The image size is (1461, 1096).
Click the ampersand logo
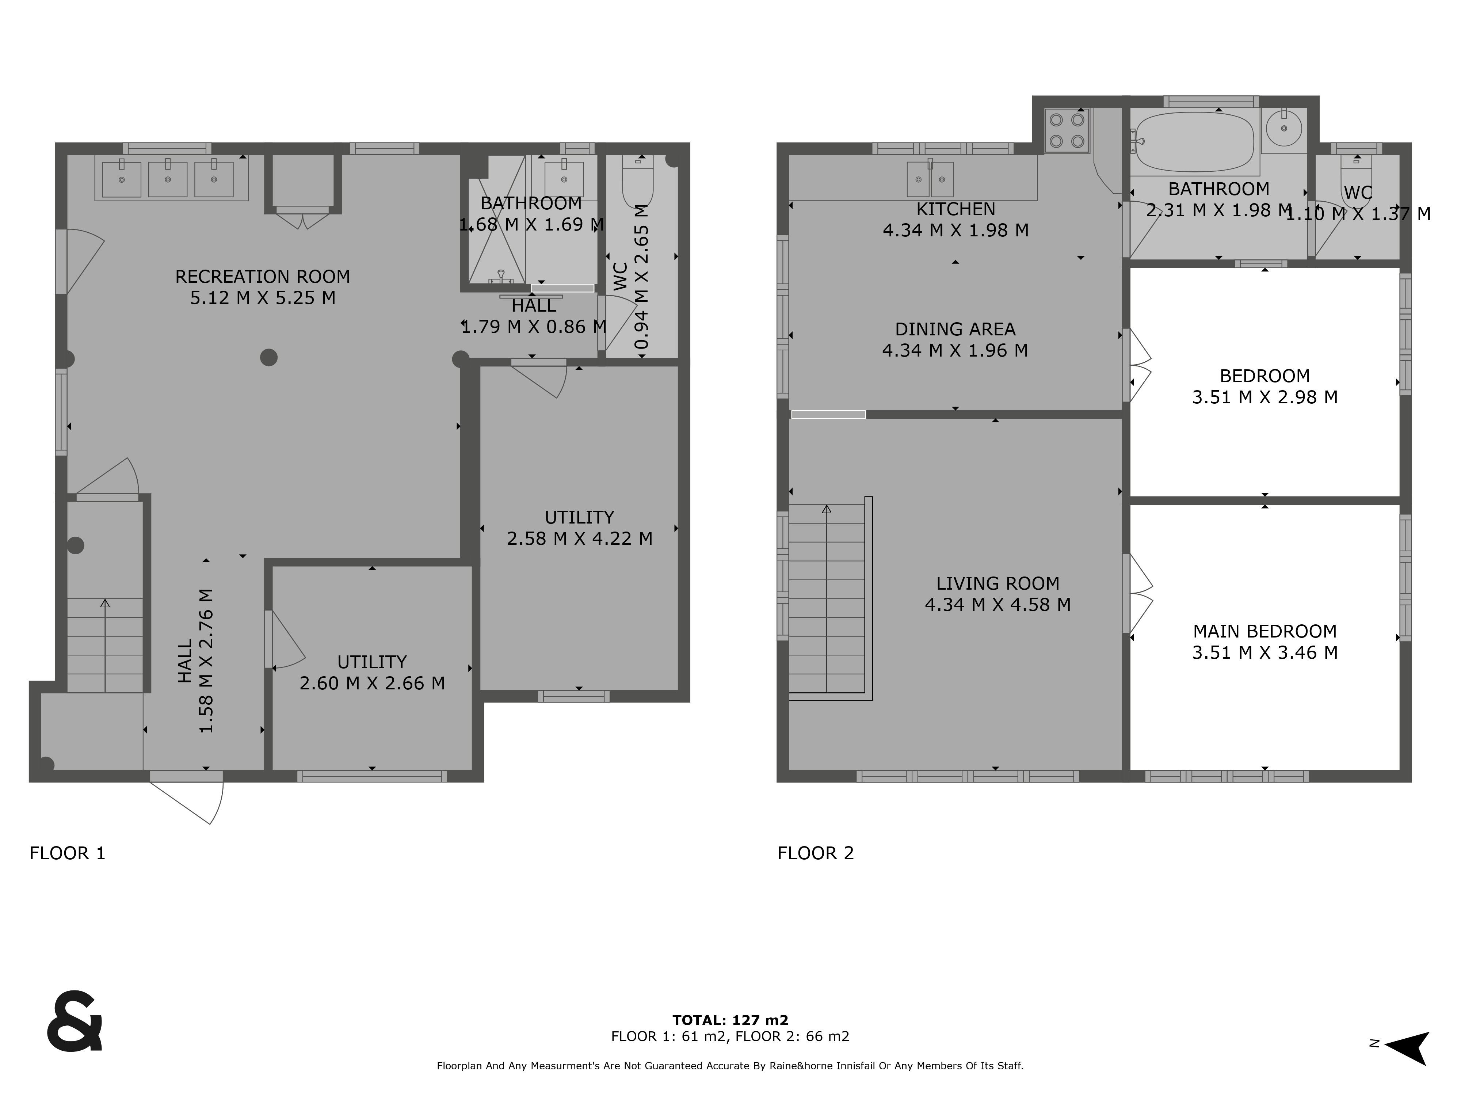[x=75, y=1021]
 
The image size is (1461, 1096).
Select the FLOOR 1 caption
[x=67, y=853]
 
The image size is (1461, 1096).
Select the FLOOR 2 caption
[x=816, y=853]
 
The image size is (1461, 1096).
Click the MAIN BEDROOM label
[x=1264, y=631]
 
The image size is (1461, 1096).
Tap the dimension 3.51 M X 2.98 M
[x=1264, y=397]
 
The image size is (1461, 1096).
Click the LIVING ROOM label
[x=997, y=583]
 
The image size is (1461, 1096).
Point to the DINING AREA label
[x=955, y=329]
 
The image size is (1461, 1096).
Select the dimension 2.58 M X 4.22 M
[x=579, y=539]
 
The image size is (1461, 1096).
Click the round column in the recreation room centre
[x=269, y=357]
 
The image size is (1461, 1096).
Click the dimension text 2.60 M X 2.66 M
[x=372, y=683]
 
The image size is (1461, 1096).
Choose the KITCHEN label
[x=955, y=209]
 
